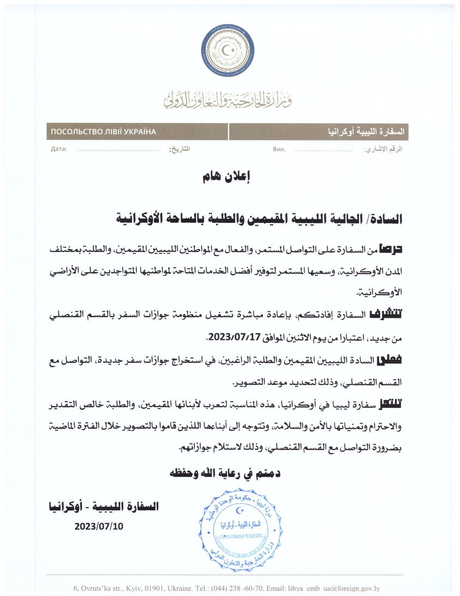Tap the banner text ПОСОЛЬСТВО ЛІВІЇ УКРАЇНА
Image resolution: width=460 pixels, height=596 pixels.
(x=103, y=132)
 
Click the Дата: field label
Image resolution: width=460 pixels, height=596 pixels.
(x=58, y=149)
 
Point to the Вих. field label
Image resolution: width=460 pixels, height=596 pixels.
(x=278, y=149)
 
